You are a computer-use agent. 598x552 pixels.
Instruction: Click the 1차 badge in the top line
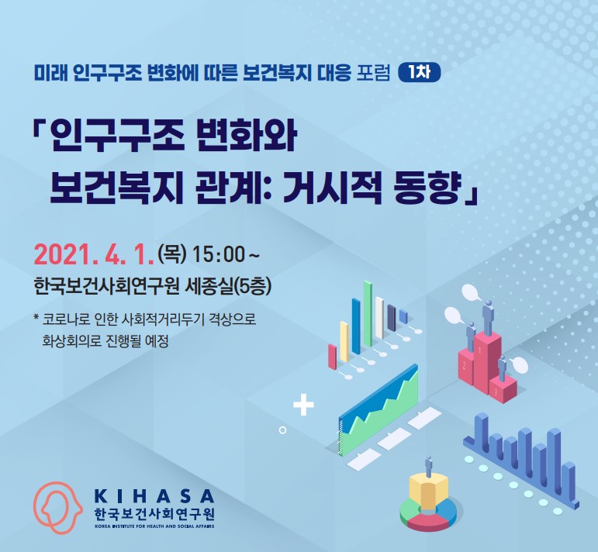pos(419,72)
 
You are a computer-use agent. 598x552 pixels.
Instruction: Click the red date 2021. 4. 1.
pos(94,255)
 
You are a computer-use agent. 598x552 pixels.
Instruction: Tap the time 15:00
pos(218,254)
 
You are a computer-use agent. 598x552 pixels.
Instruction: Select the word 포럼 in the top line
pos(373,72)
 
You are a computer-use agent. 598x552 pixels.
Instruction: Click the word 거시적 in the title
pos(332,188)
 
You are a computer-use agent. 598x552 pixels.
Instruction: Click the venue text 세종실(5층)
pos(228,287)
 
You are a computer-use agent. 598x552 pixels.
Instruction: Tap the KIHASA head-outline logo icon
pos(57,507)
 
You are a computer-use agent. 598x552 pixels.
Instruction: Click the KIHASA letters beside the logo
pos(154,496)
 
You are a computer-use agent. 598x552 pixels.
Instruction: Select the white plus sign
pos(303,405)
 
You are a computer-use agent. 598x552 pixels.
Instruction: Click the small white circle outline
pos(282,430)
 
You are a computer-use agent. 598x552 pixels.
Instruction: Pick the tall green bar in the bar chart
pos(368,314)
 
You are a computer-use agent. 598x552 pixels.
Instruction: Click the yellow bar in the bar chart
pos(344,342)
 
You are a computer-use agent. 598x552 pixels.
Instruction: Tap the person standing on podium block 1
pos(488,317)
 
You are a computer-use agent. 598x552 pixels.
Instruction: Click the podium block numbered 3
pos(503,389)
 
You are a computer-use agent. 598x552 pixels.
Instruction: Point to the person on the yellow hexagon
pos(429,465)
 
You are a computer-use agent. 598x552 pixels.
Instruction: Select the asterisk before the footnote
pos(36,318)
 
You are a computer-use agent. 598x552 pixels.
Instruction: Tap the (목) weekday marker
pos(172,254)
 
